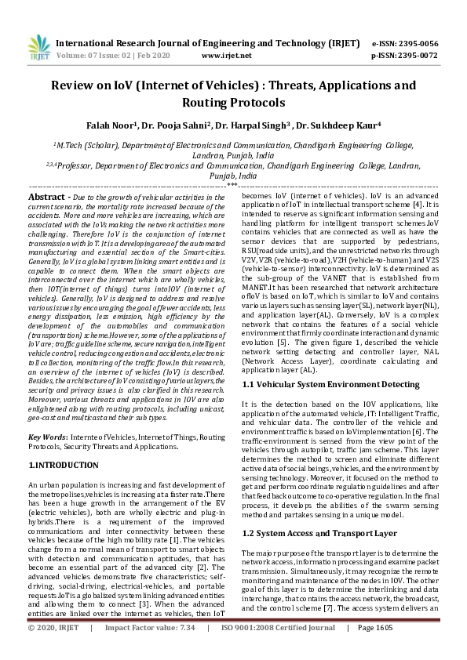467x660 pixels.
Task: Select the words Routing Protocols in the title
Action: point(233,103)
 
